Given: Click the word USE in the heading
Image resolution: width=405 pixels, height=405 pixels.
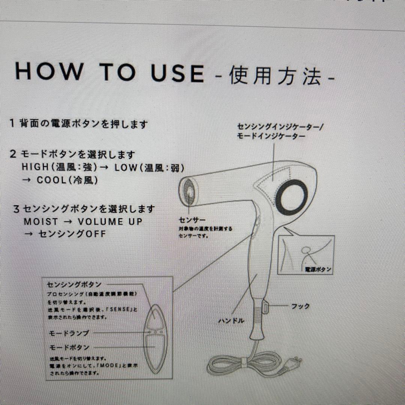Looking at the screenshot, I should [177, 73].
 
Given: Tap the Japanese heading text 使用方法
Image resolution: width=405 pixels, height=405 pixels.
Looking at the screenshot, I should [276, 76].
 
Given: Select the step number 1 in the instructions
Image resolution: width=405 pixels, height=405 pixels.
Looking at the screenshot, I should [12, 123].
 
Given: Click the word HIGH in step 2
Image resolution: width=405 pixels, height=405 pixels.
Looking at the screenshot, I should [36, 167].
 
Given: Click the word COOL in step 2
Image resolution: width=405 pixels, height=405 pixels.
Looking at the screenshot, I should [51, 180].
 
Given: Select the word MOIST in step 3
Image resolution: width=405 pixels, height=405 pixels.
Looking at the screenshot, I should [41, 221].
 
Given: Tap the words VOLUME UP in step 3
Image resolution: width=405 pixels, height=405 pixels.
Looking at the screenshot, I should [110, 221].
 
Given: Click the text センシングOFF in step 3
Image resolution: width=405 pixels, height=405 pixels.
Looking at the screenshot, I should [72, 234].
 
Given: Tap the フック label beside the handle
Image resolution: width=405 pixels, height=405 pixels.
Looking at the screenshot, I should [301, 306].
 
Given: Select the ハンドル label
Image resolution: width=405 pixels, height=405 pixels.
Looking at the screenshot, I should [231, 321].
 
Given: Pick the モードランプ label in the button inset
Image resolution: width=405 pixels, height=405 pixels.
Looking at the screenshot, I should [69, 333].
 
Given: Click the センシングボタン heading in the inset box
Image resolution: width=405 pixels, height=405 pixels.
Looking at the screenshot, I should [74, 285].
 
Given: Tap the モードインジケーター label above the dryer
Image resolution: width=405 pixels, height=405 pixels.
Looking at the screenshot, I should [271, 136].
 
